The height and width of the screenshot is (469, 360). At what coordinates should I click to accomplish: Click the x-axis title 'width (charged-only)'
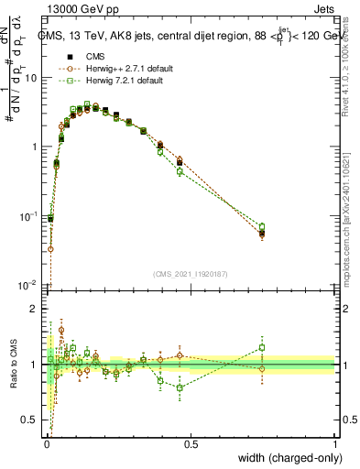pyautogui.click(x=284, y=457)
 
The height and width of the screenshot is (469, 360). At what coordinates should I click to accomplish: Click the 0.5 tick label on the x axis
pyautogui.click(x=191, y=443)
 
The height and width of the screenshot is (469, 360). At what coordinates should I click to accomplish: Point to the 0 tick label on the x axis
pyautogui.click(x=46, y=443)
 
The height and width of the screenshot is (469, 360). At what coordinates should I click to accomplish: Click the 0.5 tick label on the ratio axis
pyautogui.click(x=28, y=420)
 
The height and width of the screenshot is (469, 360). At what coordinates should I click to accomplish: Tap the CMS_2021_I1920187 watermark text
pyautogui.click(x=191, y=273)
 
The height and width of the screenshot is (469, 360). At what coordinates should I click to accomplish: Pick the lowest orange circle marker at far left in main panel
pyautogui.click(x=50, y=248)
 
